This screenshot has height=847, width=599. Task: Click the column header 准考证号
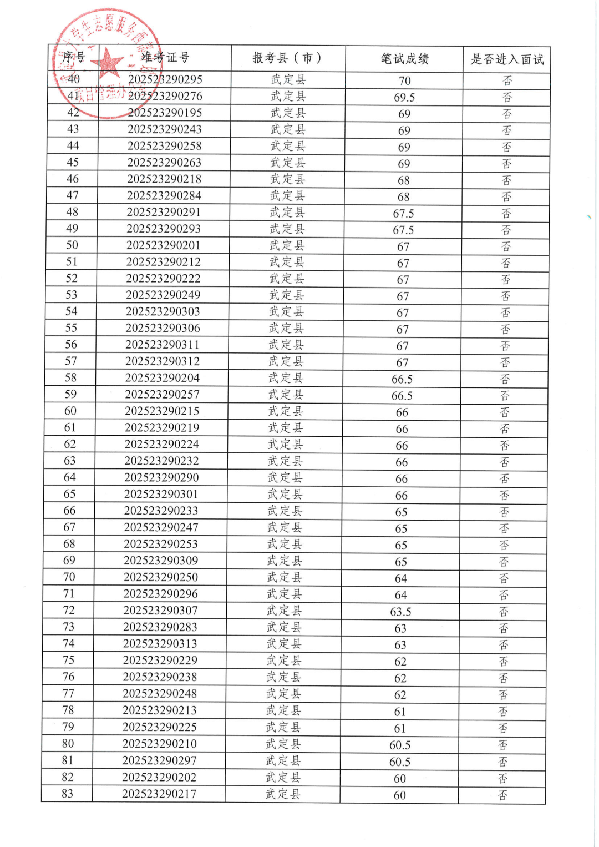pyautogui.click(x=165, y=57)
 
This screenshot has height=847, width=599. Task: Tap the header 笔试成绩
pyautogui.click(x=404, y=59)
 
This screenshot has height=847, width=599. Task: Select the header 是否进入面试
pyautogui.click(x=507, y=59)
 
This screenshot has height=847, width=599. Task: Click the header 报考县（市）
pyautogui.click(x=287, y=58)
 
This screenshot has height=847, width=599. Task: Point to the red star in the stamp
pyautogui.click(x=109, y=62)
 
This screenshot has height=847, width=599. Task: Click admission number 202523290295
pyautogui.click(x=165, y=79)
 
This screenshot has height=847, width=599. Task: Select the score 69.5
pyautogui.click(x=404, y=98)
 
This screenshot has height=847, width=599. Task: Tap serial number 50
pyautogui.click(x=72, y=245)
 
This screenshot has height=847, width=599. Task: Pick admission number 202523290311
pyautogui.click(x=163, y=345)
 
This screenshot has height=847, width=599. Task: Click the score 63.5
pyautogui.click(x=400, y=612)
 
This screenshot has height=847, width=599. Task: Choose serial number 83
pyautogui.click(x=67, y=794)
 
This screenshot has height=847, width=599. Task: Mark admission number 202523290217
pyautogui.click(x=159, y=794)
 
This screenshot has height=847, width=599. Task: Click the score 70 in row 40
pyautogui.click(x=405, y=81)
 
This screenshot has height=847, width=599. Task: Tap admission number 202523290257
pyautogui.click(x=162, y=395)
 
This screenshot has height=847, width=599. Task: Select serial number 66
pyautogui.click(x=69, y=511)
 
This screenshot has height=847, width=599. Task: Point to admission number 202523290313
pyautogui.click(x=160, y=644)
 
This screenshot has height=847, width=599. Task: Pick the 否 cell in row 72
pyautogui.click(x=504, y=612)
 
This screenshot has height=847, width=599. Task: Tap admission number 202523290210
pyautogui.click(x=160, y=744)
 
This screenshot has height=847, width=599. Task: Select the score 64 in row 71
pyautogui.click(x=401, y=596)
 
